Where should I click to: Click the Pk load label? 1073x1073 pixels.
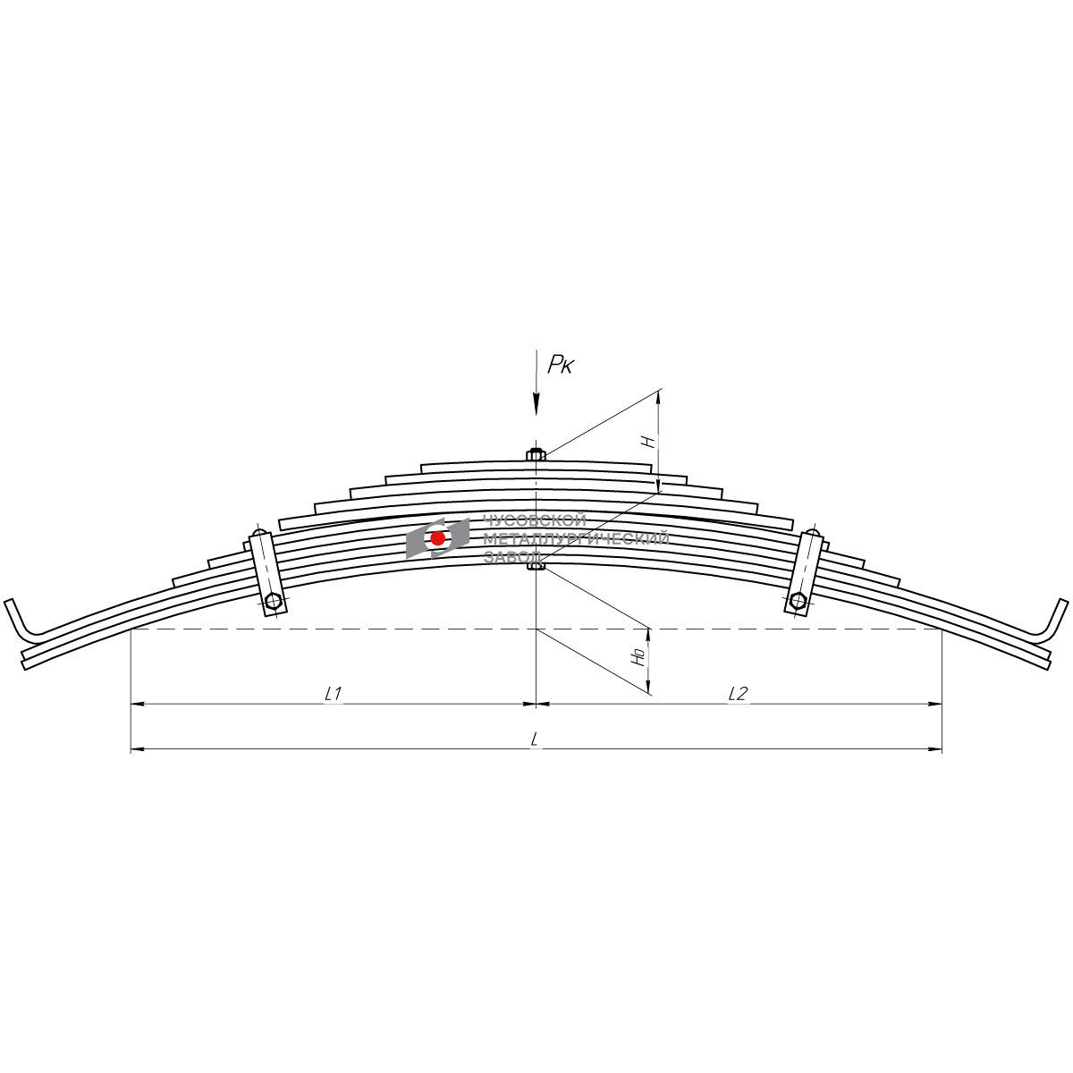point(560,365)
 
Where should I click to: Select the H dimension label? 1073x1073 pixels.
point(647,442)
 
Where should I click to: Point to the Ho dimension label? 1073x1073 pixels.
point(639,657)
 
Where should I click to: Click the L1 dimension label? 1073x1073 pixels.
point(333,693)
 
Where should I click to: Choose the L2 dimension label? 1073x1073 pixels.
point(738,693)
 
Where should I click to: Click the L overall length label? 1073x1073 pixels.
point(535,739)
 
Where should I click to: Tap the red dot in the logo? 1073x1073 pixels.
point(437,538)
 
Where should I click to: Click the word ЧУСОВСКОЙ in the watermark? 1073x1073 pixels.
point(535,521)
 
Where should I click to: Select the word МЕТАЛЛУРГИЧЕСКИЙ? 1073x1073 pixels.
point(576,538)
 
